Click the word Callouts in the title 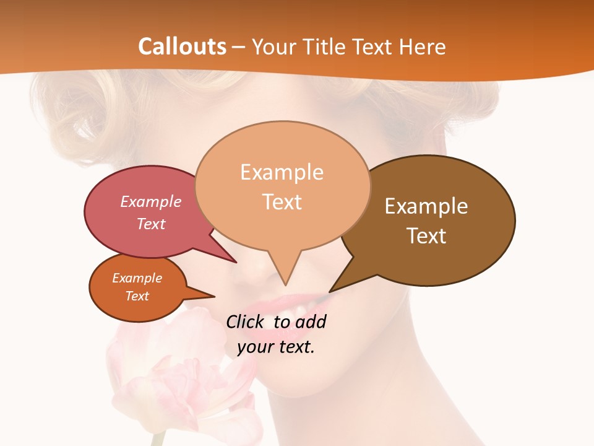tap(182, 46)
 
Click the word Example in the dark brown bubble tap(426, 206)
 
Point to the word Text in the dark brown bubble tap(426, 236)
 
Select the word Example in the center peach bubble tap(282, 172)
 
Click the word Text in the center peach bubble tap(282, 202)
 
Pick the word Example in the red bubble tap(151, 202)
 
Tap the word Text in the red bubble tap(151, 224)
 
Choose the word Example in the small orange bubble tap(137, 278)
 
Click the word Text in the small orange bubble tap(137, 296)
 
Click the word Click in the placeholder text tap(246, 322)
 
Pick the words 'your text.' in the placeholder tap(276, 347)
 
